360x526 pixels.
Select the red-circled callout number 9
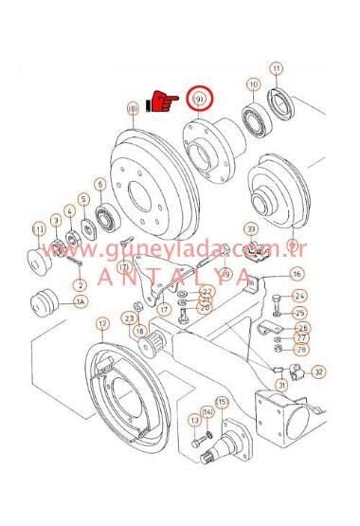(200, 99)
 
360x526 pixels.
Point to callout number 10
(253, 85)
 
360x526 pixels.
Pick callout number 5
(83, 199)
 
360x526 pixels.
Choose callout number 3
(55, 220)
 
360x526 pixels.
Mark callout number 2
(80, 284)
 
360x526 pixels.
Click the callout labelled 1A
(81, 303)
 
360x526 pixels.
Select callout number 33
(250, 228)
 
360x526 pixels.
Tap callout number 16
(297, 274)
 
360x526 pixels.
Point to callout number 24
(299, 297)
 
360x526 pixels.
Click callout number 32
(318, 372)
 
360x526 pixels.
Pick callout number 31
(281, 385)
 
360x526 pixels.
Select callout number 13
(194, 419)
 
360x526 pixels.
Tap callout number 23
(129, 320)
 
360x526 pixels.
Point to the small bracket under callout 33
(251, 251)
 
